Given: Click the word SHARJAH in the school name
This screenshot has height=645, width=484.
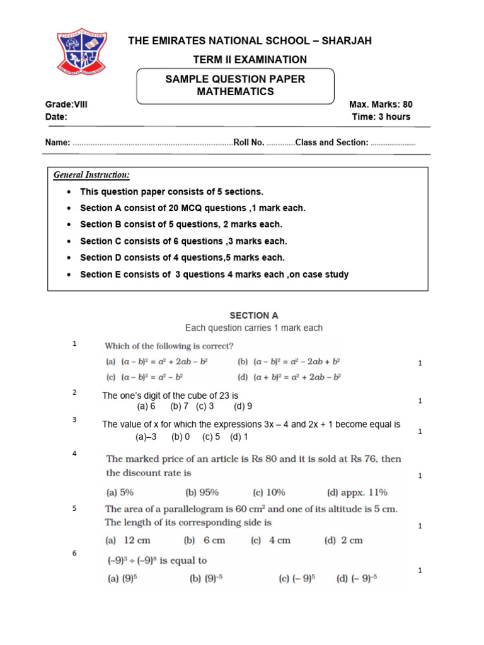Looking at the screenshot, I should [x=347, y=41].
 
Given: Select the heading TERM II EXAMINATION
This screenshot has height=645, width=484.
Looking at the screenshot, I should [x=250, y=60].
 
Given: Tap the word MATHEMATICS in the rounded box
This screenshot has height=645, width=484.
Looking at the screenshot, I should [x=235, y=92].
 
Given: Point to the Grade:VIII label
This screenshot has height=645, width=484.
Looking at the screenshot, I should [x=66, y=105].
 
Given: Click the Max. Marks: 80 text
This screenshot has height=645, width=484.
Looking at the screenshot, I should [x=381, y=105].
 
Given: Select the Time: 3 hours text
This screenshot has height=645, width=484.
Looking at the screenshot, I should [x=381, y=117].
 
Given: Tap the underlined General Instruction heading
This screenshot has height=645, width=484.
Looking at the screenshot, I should [x=91, y=174].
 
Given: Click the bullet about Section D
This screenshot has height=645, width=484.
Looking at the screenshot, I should [x=182, y=258].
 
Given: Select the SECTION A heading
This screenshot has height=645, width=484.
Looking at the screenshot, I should [x=253, y=316].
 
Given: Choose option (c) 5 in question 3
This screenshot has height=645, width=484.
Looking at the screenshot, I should [x=211, y=437].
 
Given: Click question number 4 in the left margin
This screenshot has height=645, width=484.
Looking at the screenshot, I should [x=74, y=454].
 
